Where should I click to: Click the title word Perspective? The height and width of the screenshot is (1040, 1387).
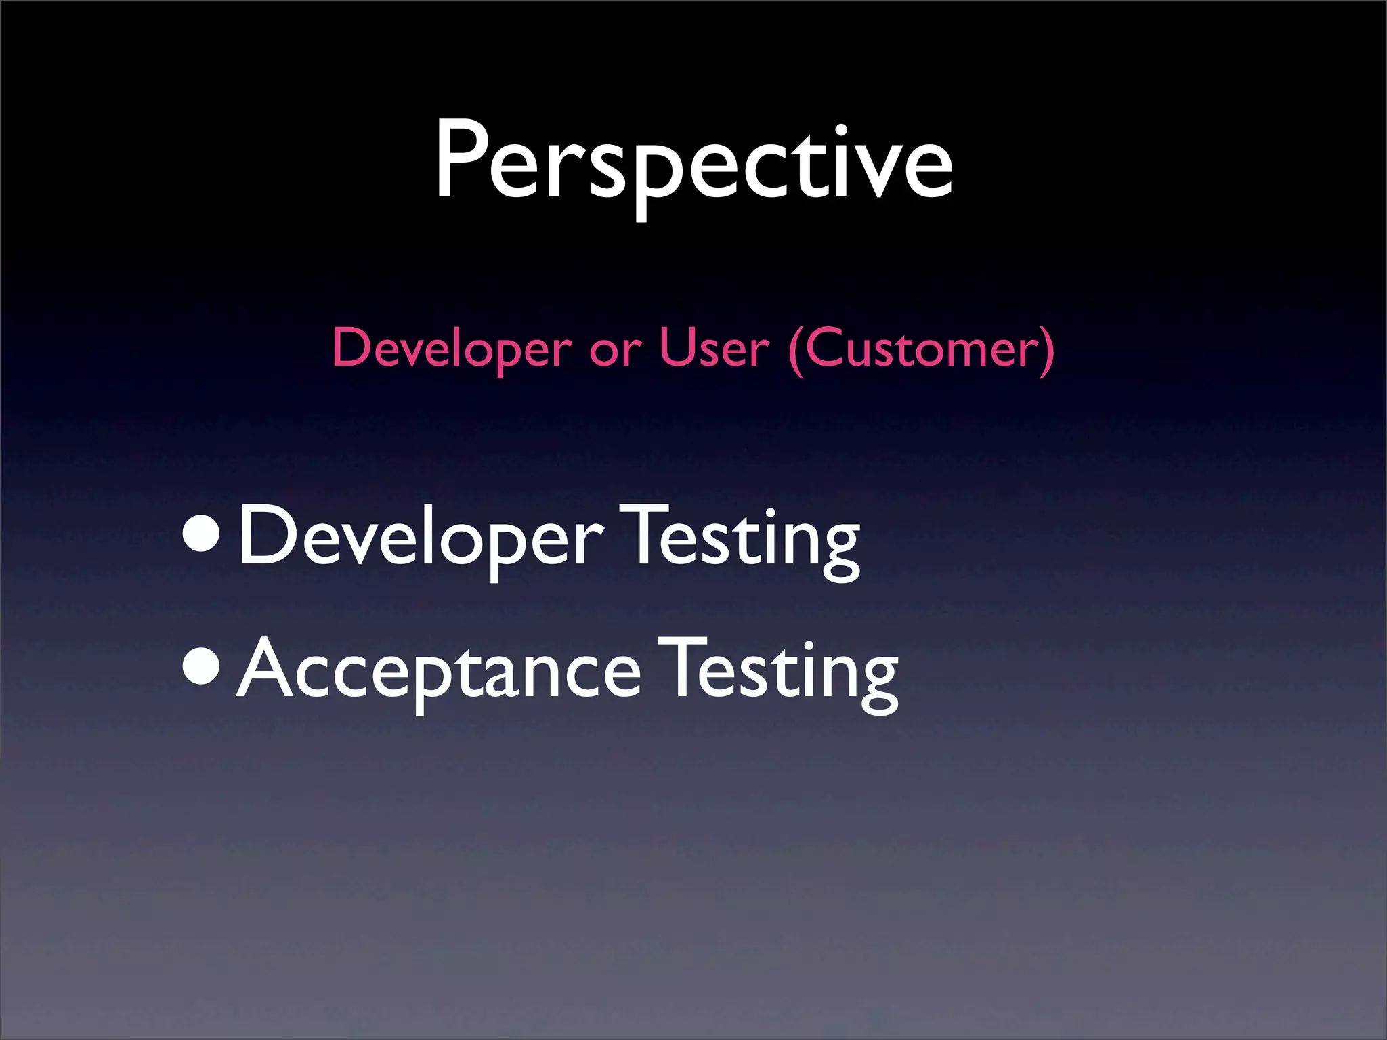[x=693, y=162]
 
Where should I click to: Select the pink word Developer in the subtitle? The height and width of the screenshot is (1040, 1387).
[x=452, y=349]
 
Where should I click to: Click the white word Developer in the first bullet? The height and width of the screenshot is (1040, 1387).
[x=420, y=538]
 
